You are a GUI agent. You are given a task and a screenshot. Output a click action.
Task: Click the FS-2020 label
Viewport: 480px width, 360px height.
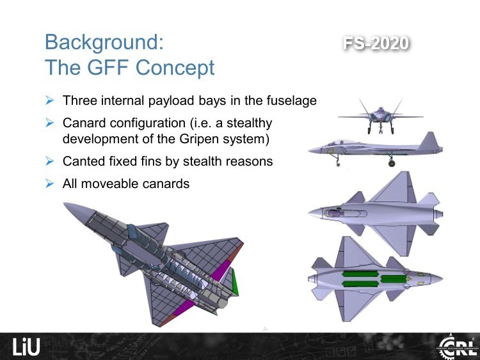(x=376, y=43)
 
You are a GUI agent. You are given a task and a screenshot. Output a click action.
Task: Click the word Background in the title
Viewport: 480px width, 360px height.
(x=104, y=42)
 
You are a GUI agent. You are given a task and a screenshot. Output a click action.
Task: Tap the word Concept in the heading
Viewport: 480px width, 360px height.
(x=175, y=67)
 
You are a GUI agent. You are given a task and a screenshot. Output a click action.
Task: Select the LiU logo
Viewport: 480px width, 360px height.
(x=26, y=347)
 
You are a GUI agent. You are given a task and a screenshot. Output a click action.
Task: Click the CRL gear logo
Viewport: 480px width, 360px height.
(x=458, y=347)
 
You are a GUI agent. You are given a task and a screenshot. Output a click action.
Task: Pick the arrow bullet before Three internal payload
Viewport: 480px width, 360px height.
(x=49, y=100)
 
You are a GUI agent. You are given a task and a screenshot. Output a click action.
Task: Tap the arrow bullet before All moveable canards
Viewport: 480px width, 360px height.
(x=49, y=184)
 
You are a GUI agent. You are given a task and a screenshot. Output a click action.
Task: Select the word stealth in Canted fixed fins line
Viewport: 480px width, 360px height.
(x=202, y=161)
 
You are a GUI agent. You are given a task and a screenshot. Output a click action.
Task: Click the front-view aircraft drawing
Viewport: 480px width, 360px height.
(x=381, y=116)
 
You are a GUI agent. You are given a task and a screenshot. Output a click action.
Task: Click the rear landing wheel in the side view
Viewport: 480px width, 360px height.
(x=391, y=164)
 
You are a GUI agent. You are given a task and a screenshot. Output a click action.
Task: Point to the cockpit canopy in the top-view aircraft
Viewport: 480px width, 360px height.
(x=346, y=213)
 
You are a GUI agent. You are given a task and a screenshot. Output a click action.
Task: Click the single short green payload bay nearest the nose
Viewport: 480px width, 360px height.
(x=393, y=279)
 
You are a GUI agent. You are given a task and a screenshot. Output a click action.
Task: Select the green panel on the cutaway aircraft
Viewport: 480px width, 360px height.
(x=235, y=281)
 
